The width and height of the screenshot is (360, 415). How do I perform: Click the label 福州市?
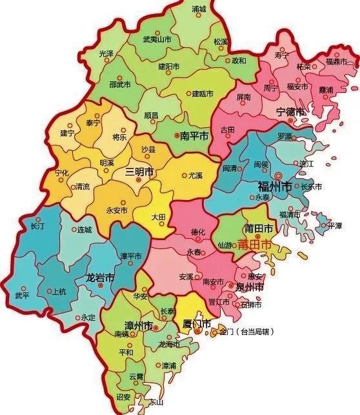(272, 187)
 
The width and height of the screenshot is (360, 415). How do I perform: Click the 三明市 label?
(139, 172)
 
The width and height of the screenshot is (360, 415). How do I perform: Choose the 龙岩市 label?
(100, 278)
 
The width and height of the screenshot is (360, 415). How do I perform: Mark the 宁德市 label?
(290, 112)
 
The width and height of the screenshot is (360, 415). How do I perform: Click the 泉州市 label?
(250, 286)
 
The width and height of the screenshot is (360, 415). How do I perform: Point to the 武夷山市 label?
(157, 39)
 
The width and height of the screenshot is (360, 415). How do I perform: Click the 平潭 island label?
(335, 226)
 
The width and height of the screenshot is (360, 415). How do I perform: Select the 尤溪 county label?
(195, 175)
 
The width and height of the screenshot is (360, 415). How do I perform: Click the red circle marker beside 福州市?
(278, 175)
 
